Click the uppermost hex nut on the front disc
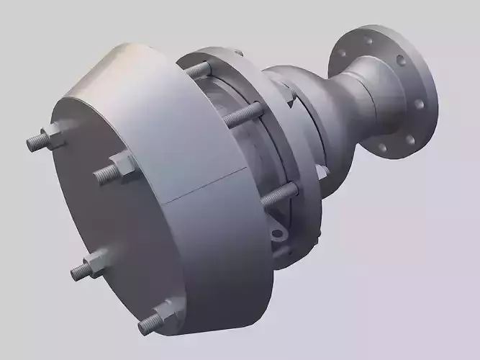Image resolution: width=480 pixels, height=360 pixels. (53, 135)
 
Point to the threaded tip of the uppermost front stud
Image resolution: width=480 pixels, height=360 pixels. (33, 143)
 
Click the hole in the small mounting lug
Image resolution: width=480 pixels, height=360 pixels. (277, 233)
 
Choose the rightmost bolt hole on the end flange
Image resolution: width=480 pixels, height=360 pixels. (422, 102)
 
